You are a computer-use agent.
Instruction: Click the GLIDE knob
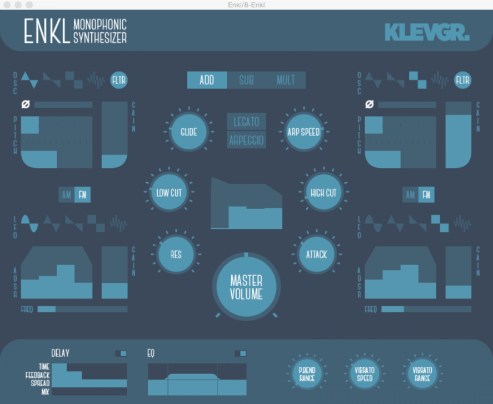point(188,132)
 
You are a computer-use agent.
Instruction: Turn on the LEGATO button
point(246,121)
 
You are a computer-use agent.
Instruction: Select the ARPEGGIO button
point(246,140)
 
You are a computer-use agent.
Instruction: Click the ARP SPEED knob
point(303,132)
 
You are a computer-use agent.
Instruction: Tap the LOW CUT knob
point(169,193)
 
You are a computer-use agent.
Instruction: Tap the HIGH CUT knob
point(323,193)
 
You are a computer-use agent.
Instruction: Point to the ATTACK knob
point(316,255)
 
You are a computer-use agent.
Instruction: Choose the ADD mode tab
point(207,80)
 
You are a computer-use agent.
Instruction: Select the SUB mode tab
point(246,80)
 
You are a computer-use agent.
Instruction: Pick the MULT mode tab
point(286,80)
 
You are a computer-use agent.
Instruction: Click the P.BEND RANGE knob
point(306,374)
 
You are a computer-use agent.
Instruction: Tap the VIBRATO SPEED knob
point(364,374)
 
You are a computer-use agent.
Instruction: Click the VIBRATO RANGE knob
point(422,374)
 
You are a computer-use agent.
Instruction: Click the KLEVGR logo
point(427,32)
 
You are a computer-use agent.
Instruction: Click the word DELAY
point(60,353)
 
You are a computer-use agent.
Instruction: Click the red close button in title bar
point(7,4)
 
